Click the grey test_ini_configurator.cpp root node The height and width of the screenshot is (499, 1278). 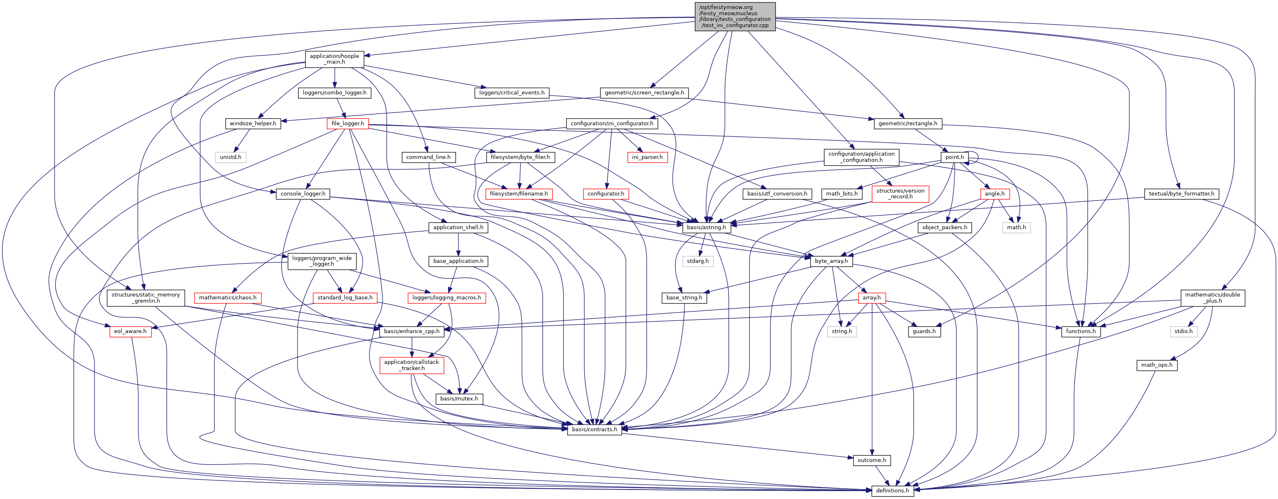pos(735,16)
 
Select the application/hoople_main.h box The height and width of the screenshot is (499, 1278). pos(334,59)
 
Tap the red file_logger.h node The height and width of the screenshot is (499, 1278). pos(347,124)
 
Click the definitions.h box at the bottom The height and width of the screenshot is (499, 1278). pos(892,490)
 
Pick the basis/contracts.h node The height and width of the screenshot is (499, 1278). pos(594,430)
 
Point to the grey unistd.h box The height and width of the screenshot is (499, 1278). pos(231,157)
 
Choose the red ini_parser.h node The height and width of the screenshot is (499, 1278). pos(647,157)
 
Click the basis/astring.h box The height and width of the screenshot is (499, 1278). pos(706,228)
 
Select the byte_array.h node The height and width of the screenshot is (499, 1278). pos(831,261)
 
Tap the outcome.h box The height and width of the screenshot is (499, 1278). pos(872,460)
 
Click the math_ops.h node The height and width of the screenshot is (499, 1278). pos(1157,365)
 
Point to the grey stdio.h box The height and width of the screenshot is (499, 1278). pos(1183,331)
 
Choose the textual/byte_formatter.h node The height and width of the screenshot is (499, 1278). pos(1181,193)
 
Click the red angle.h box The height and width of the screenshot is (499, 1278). pos(995,193)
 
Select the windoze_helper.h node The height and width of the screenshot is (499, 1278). pos(253,124)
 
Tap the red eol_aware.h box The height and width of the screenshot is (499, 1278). pos(130,331)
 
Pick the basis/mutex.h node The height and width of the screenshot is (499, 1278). pos(459,399)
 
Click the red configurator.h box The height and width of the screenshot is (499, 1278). pos(606,193)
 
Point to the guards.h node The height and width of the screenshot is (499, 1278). pos(924,331)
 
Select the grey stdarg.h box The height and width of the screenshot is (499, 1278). pos(698,261)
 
